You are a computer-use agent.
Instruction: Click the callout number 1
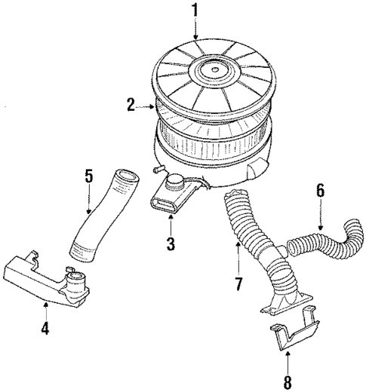[195, 11]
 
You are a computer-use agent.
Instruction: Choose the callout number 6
[320, 193]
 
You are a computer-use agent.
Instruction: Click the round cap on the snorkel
[177, 180]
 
